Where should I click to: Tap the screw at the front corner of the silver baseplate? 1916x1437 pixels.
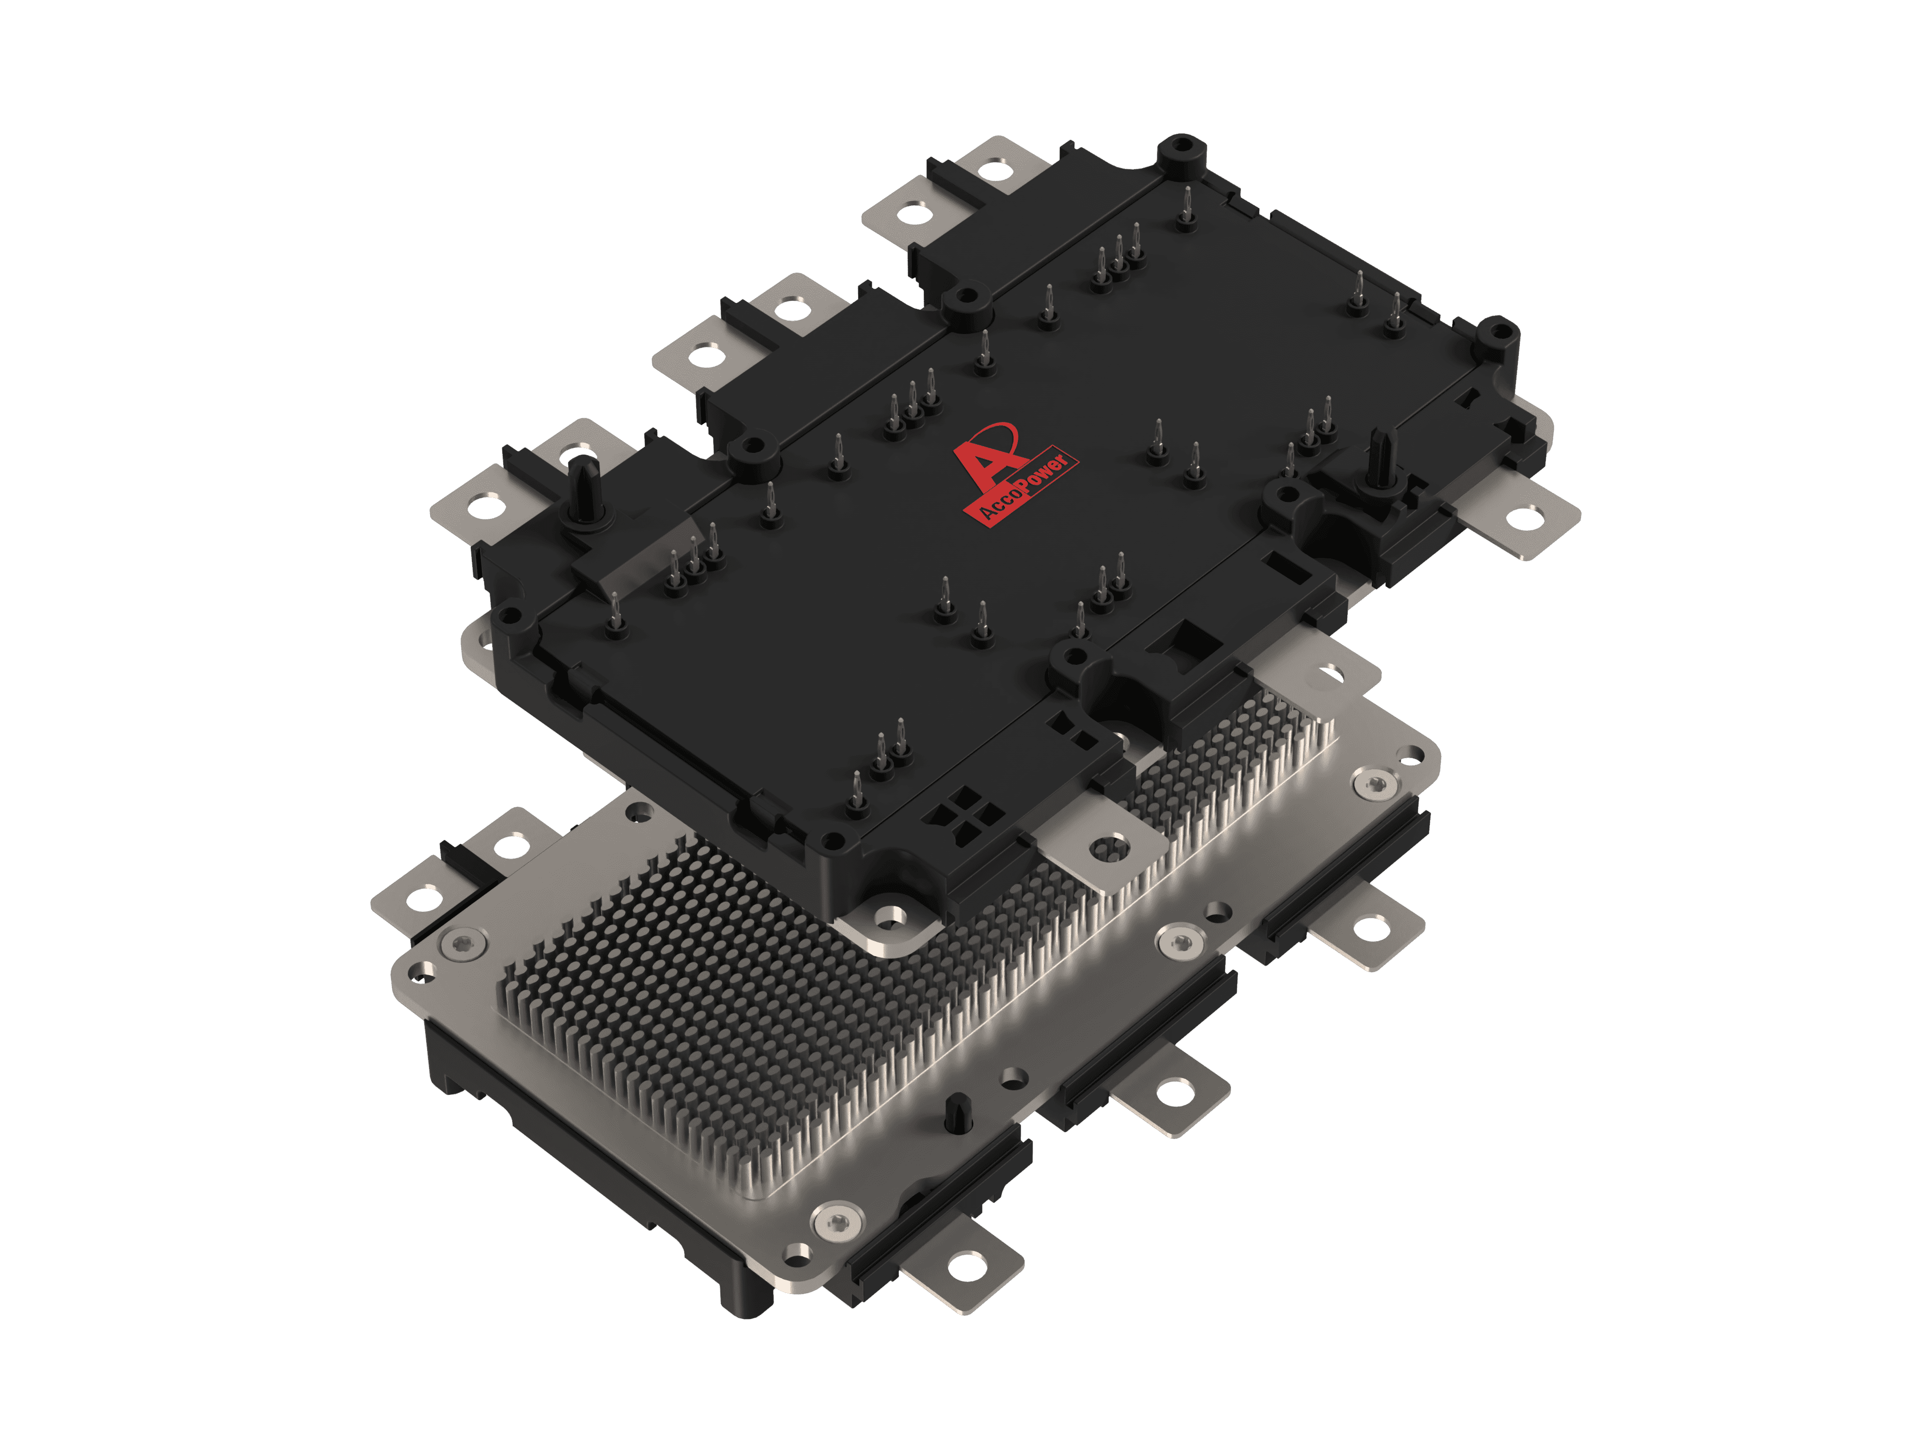838,1221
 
